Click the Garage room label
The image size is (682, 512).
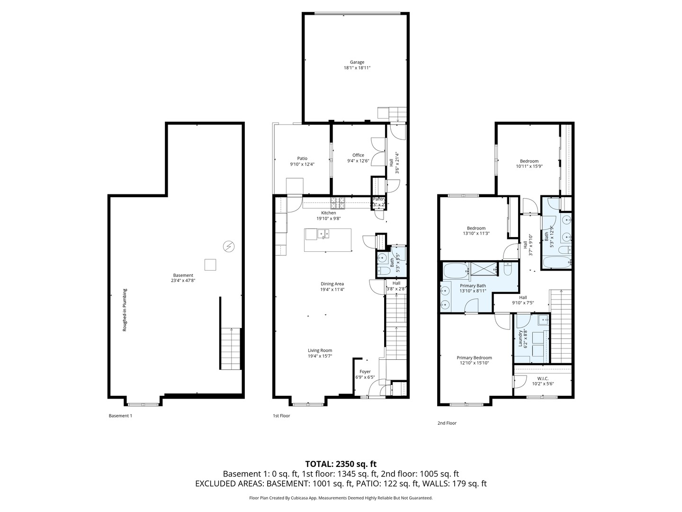(x=357, y=62)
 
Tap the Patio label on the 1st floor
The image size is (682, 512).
(x=302, y=158)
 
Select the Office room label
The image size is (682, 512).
(x=358, y=155)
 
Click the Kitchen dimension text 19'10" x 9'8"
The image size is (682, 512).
(x=328, y=219)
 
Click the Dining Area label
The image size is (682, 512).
(x=332, y=283)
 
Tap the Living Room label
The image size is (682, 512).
(x=320, y=350)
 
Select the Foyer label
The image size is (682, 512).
(x=365, y=372)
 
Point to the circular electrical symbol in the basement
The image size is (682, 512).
(x=228, y=246)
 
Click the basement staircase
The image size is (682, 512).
(x=230, y=348)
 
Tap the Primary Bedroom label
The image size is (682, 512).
(x=474, y=357)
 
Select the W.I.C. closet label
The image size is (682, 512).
(x=543, y=378)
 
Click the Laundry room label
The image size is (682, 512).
(x=520, y=338)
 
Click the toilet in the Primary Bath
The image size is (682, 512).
(x=507, y=270)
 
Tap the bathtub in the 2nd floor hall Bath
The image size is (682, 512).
(x=556, y=263)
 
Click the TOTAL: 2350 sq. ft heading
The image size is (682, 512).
(x=341, y=464)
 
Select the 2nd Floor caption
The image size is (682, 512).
(x=447, y=423)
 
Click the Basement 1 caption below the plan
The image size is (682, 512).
(x=120, y=416)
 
